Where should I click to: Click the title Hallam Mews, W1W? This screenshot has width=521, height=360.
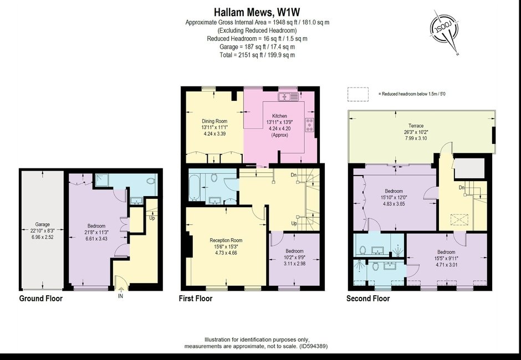(257, 12)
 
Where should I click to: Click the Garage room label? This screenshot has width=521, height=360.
(42, 224)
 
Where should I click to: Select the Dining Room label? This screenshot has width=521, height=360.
(214, 121)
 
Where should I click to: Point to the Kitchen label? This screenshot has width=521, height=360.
(279, 116)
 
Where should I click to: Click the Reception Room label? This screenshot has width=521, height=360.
(226, 240)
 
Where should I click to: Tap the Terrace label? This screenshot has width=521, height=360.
(416, 126)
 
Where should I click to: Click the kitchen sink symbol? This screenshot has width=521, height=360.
(288, 96)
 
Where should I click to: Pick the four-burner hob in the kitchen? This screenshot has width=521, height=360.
(310, 125)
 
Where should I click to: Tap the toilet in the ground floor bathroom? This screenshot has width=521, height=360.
(151, 181)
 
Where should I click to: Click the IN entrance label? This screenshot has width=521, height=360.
(120, 296)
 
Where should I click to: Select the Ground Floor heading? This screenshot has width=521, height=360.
(41, 298)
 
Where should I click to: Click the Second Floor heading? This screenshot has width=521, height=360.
(368, 298)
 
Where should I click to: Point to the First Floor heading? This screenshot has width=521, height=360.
(195, 298)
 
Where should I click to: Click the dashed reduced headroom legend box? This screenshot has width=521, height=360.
(358, 94)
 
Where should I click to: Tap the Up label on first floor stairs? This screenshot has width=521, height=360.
(294, 224)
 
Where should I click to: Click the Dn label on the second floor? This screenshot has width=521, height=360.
(462, 188)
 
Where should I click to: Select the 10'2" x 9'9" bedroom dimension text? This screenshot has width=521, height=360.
(294, 257)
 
